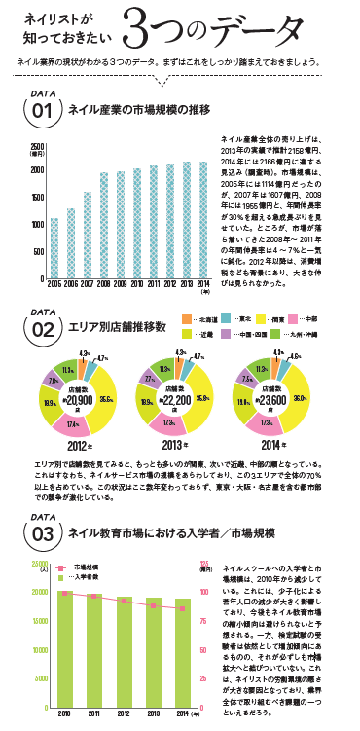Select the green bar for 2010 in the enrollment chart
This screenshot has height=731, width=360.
tap(63, 626)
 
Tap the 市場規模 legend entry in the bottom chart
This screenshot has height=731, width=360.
tap(85, 566)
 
